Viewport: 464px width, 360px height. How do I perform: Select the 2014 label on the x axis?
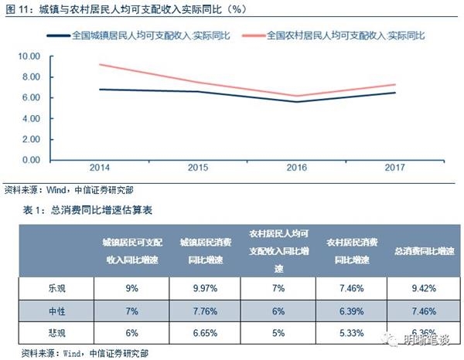tap(99, 168)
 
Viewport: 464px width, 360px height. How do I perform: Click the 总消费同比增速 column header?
tap(425, 252)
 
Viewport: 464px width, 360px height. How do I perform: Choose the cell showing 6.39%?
tap(352, 313)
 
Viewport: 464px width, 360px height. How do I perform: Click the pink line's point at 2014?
tap(99, 64)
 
